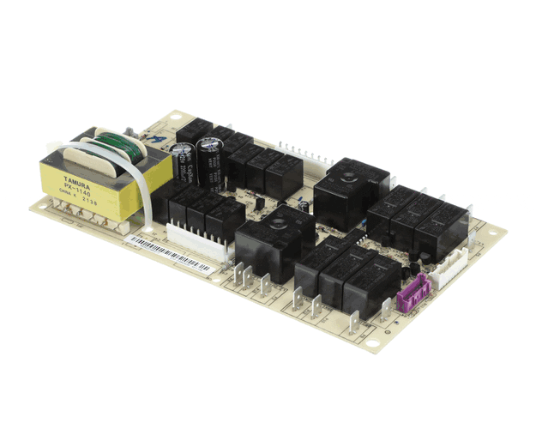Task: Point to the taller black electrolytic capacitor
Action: click(x=210, y=159)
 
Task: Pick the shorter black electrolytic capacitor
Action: click(x=183, y=162)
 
